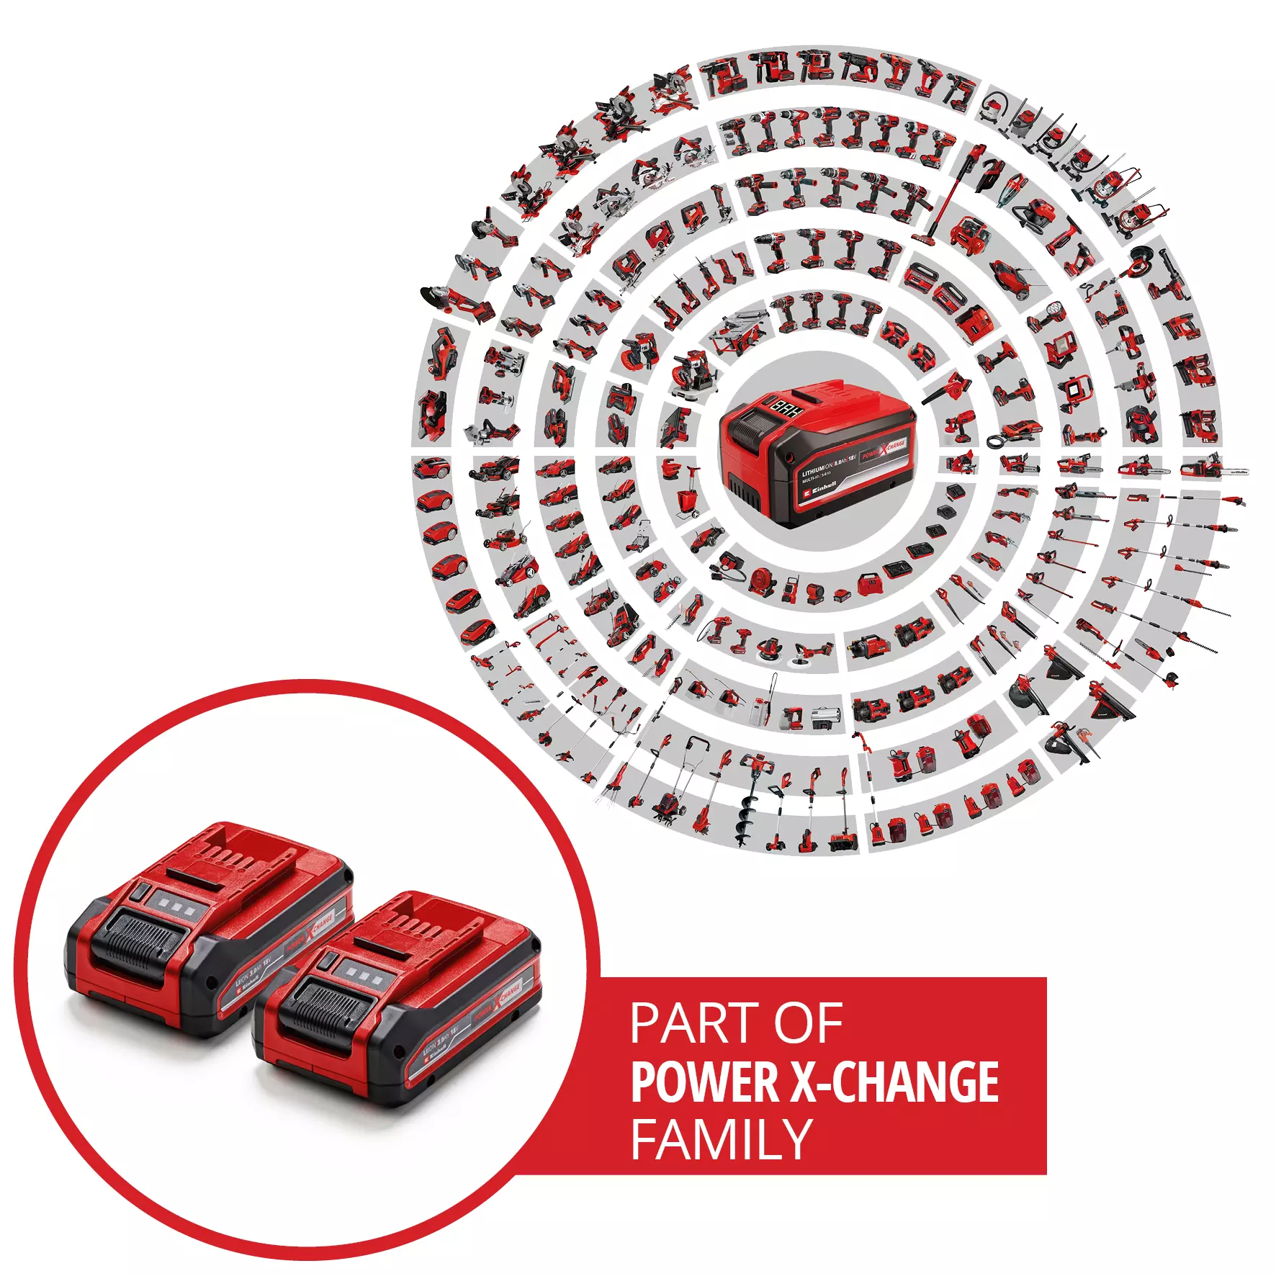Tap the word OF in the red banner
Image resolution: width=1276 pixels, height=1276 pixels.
pos(808,1023)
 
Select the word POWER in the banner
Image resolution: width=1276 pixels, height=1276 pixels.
pos(705,1082)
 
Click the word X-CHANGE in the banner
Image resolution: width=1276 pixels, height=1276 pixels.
pos(895,1082)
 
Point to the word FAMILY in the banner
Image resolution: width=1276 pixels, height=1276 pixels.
pos(722,1139)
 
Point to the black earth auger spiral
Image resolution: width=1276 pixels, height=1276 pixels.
pos(744,813)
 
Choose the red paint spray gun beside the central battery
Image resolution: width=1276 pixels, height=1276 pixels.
pos(960,426)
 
